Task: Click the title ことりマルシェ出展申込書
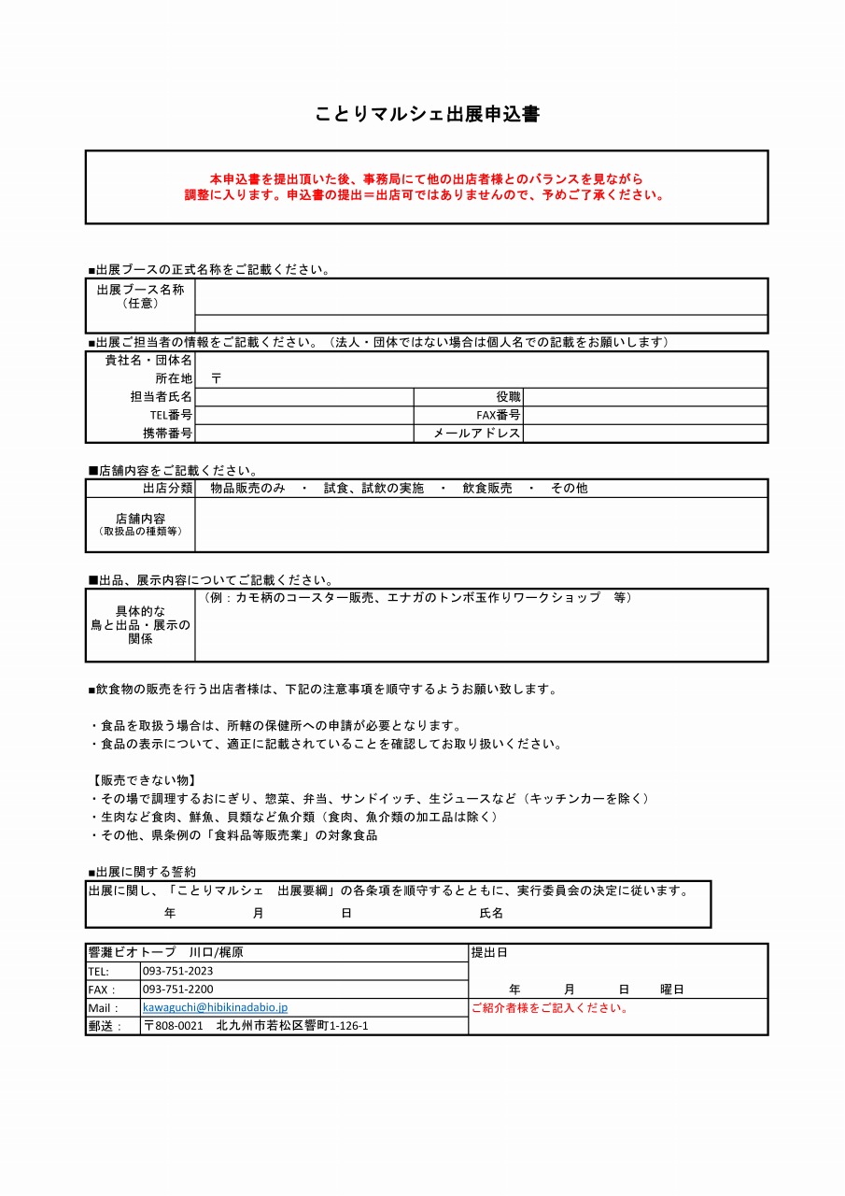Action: [x=427, y=115]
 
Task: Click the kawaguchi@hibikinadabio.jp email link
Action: [x=215, y=1007]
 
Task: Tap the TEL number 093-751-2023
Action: [x=177, y=971]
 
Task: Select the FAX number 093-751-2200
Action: [x=177, y=990]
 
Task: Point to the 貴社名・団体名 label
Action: [x=148, y=360]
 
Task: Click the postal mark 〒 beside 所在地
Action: [x=216, y=378]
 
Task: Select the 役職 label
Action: [x=508, y=397]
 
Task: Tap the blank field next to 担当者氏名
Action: [x=304, y=397]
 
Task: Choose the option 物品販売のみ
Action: [x=247, y=488]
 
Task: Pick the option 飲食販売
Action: [x=487, y=488]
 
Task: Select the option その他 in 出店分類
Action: [x=569, y=488]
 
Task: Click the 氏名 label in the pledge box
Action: [x=491, y=913]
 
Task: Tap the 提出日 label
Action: [x=489, y=953]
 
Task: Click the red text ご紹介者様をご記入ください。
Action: [x=550, y=1008]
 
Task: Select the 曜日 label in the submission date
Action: [x=672, y=989]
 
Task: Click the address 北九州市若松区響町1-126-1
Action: [x=291, y=1026]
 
